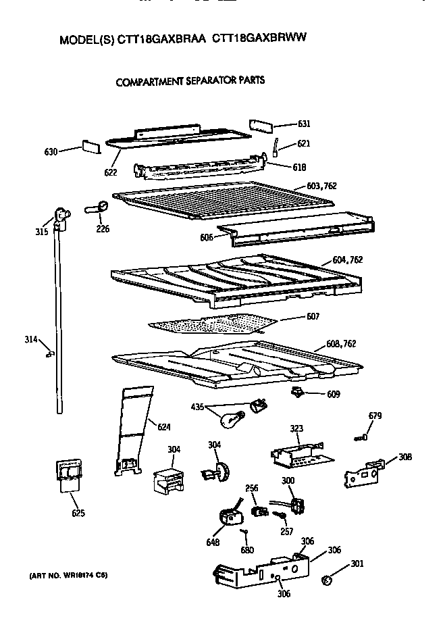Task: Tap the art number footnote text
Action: [x=68, y=575]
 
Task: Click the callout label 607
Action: [x=313, y=316]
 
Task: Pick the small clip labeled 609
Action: [x=296, y=392]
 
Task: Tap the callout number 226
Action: [x=103, y=228]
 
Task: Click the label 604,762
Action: [x=348, y=260]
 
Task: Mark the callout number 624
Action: [x=164, y=426]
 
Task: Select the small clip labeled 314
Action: [x=50, y=352]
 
